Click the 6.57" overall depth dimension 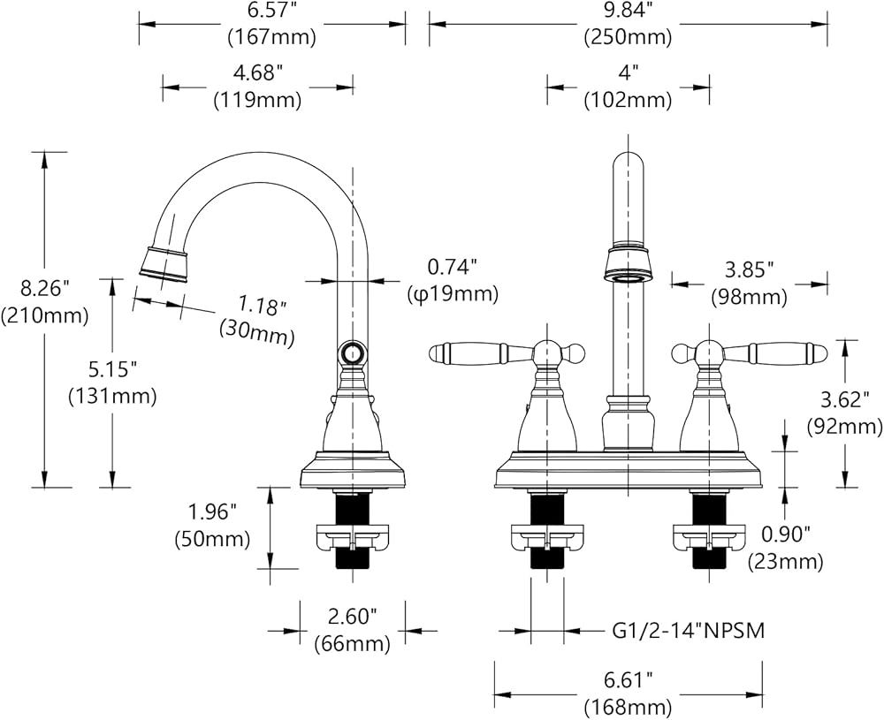tap(271, 11)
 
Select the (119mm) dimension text tap(257, 101)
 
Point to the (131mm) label tap(112, 397)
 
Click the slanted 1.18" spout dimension tap(263, 307)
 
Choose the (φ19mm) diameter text tap(452, 292)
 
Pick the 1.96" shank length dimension tap(212, 512)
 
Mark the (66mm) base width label tap(352, 644)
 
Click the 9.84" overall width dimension tap(628, 11)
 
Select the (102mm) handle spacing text tap(628, 101)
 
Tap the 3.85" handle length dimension tap(749, 268)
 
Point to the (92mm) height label tap(844, 427)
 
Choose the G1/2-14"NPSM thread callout tap(688, 631)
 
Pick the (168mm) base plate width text tap(628, 708)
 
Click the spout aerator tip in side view tap(164, 262)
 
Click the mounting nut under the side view tap(352, 536)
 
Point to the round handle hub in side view tap(352, 354)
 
